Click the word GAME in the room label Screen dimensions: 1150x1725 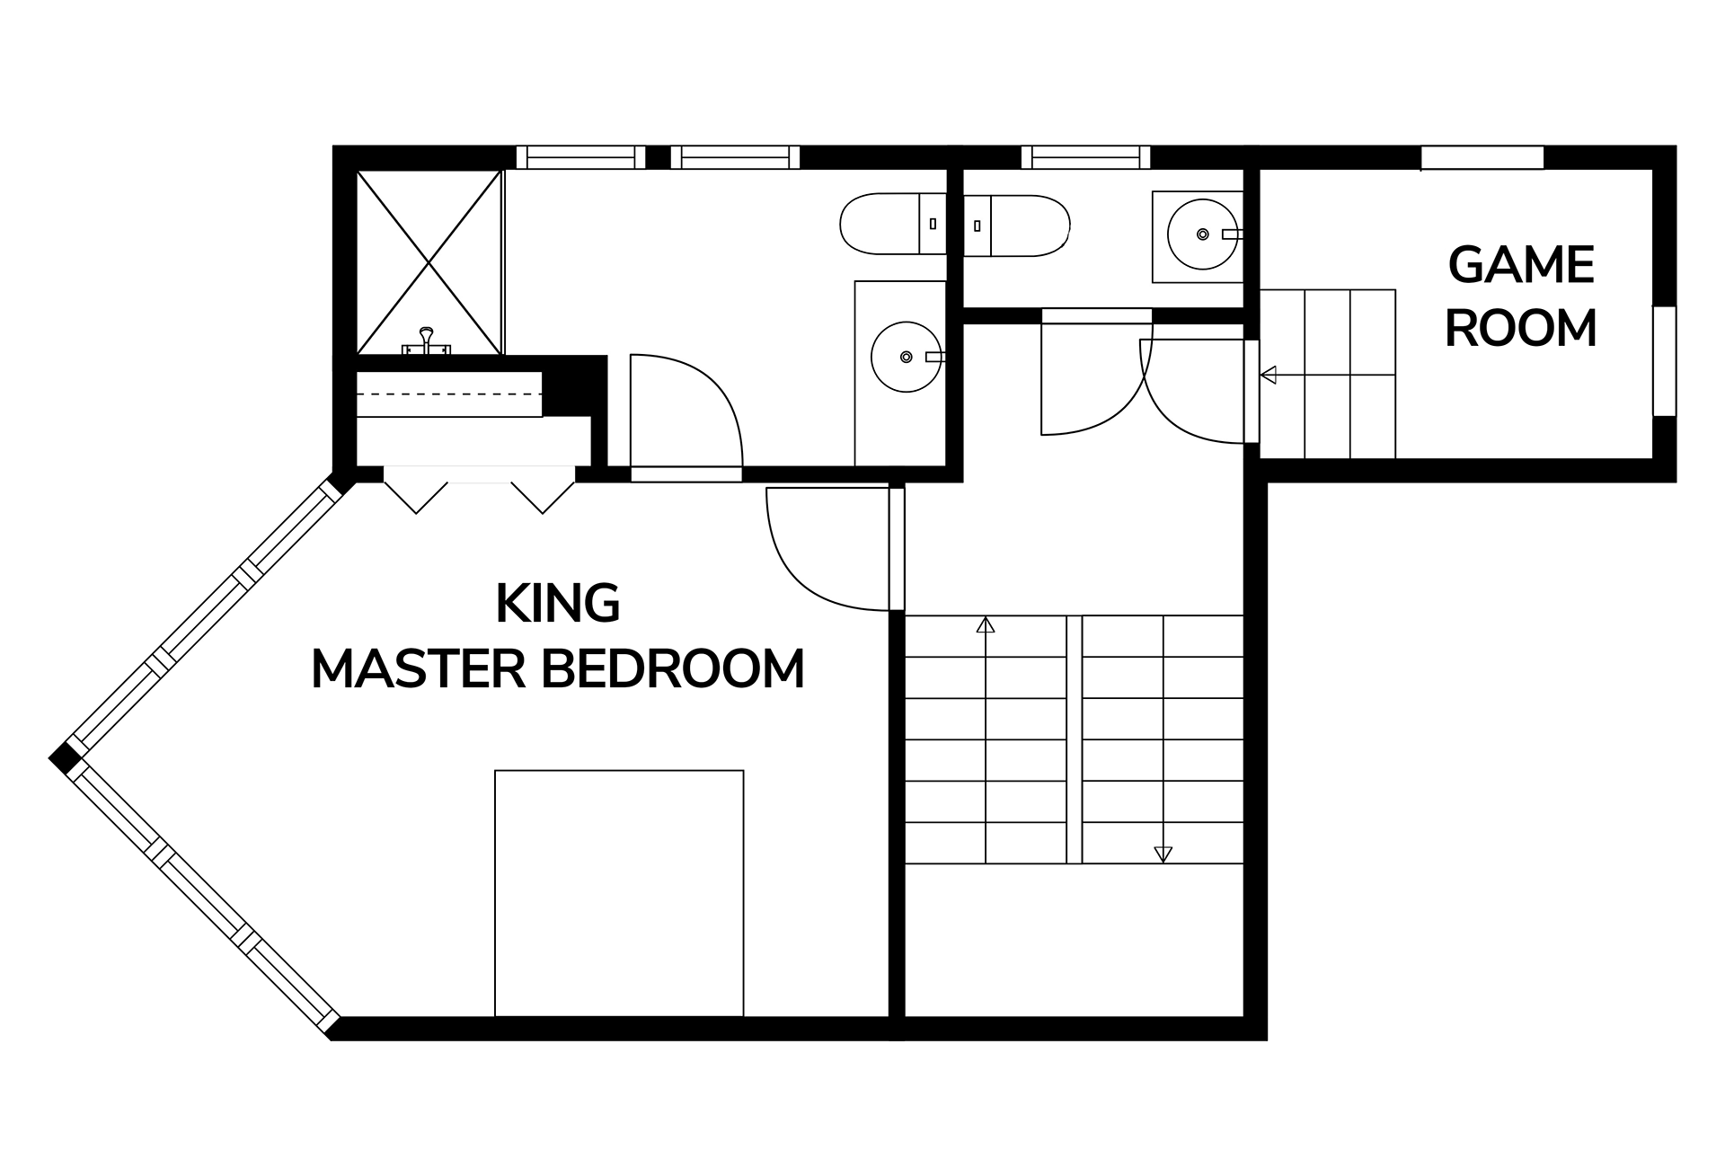coord(1521,266)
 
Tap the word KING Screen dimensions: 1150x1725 coord(557,605)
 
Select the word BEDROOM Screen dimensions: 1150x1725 coord(674,669)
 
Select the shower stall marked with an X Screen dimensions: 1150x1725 coord(429,261)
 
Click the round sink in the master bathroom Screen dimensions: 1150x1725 coord(906,357)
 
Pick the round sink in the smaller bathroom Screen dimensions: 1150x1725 coord(1202,234)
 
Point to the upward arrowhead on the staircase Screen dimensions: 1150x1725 coord(986,624)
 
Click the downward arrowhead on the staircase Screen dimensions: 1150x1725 coord(1163,854)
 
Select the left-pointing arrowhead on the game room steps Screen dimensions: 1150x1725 coord(1269,375)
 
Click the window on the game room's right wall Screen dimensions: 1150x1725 coord(1665,360)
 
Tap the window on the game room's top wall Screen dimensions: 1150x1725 coord(1482,157)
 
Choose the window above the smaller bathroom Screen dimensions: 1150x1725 coord(1085,157)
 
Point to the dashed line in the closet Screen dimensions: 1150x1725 coord(449,394)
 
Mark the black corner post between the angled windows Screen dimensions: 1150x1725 coord(64,759)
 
